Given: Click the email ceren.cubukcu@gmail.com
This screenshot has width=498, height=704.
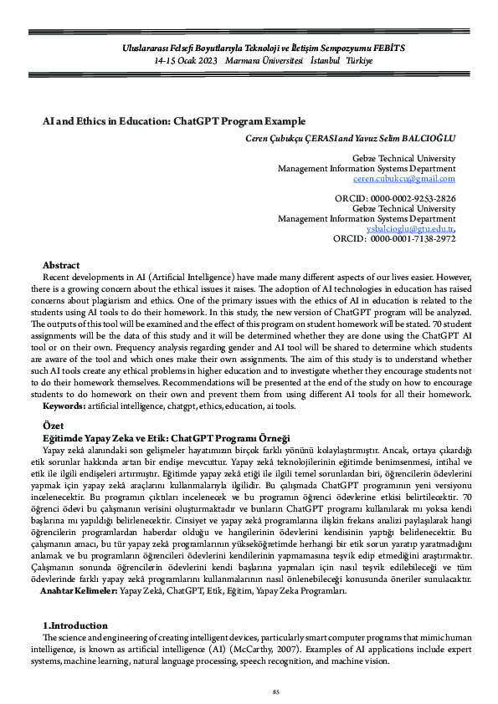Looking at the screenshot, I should coord(404,178).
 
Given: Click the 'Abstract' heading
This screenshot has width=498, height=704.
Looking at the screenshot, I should coord(61,264).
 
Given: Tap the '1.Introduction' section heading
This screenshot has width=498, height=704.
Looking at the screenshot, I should coord(74,625).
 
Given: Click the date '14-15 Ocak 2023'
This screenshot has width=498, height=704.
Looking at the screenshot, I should coord(186,62).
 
